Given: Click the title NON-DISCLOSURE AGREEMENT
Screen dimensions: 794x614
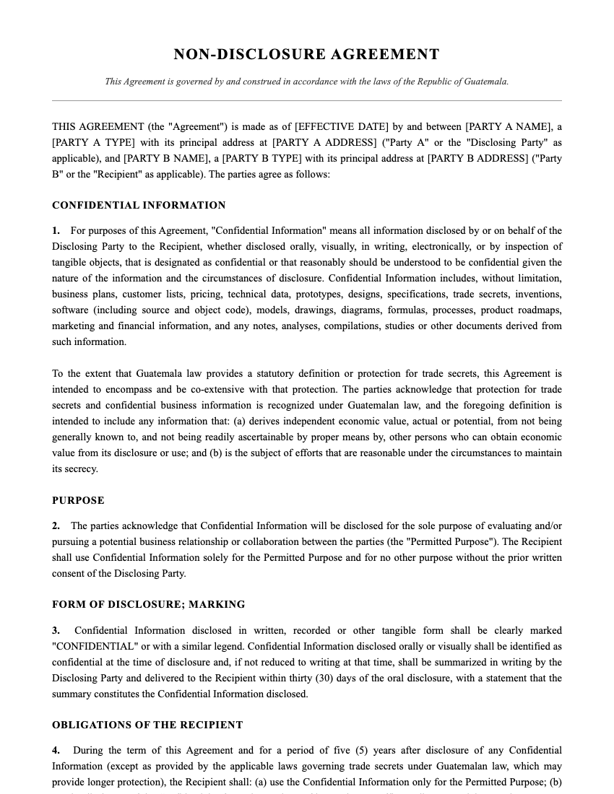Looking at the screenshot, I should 306,55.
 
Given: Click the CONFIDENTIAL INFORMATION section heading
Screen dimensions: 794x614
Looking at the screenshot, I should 139,206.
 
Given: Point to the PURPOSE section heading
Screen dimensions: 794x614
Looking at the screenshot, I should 78,501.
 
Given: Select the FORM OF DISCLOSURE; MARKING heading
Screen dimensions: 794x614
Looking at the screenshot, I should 148,605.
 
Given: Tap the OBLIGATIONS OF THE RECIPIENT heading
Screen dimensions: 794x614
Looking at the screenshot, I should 147,725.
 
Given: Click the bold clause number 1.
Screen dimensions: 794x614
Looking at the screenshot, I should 56,231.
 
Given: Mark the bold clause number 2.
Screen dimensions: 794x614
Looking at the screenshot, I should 56,526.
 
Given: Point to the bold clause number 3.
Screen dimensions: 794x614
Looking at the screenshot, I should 56,631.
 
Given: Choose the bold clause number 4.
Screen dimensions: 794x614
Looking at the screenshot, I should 56,751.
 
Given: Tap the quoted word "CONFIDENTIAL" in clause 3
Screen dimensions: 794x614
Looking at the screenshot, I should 95,647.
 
